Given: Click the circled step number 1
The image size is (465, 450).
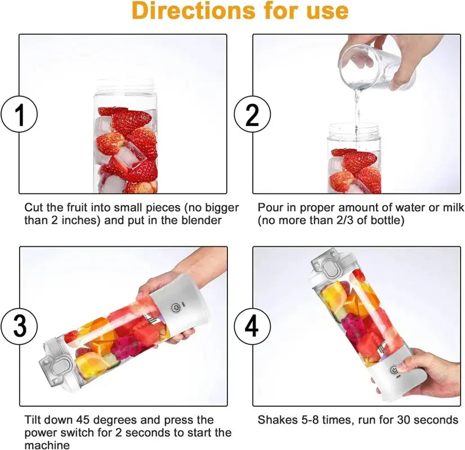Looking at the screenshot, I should (19, 115).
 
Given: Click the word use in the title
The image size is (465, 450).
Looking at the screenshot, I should (323, 11).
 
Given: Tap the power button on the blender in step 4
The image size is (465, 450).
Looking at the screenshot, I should (394, 370).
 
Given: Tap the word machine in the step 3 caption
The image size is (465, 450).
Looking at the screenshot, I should (47, 445).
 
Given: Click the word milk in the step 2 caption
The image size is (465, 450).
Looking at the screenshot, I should (453, 208).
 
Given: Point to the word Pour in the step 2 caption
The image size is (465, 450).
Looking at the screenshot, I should (269, 208).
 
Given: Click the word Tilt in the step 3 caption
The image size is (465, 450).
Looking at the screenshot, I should (33, 420).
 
